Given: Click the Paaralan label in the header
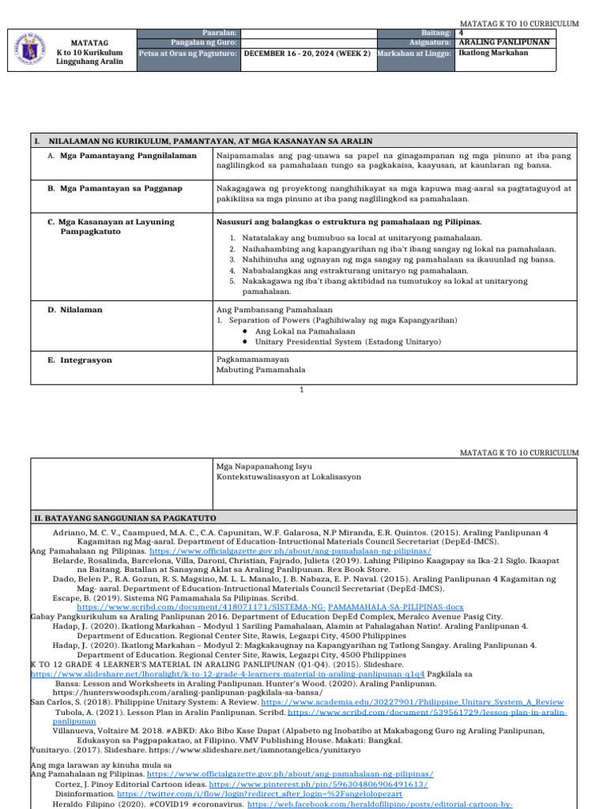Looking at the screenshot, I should pyautogui.click(x=221, y=32).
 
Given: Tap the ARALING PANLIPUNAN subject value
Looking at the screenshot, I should pyautogui.click(x=503, y=43).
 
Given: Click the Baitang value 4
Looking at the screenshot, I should pyautogui.click(x=462, y=32).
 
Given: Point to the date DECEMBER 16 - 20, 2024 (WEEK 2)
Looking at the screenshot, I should pyautogui.click(x=307, y=54).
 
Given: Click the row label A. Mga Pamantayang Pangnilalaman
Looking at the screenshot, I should pyautogui.click(x=122, y=156).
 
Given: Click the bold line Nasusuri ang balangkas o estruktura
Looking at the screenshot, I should pyautogui.click(x=349, y=222).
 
